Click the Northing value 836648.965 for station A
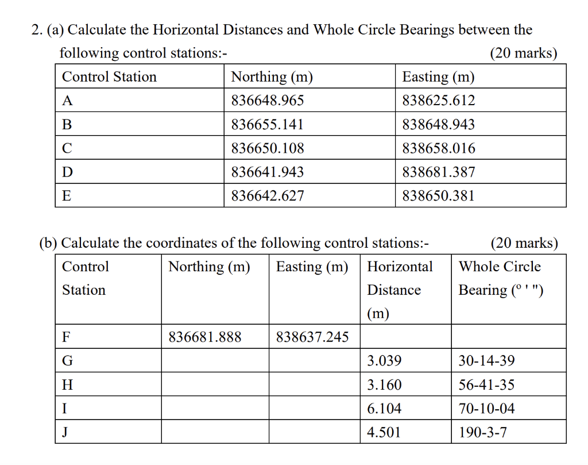coord(268,101)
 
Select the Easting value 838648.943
coord(439,125)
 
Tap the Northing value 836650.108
coord(268,148)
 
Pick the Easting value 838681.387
coord(439,172)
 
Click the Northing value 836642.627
coord(268,196)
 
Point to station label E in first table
coord(67,196)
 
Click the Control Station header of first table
coord(109,77)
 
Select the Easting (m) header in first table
coord(438,77)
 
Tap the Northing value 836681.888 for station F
coord(205,337)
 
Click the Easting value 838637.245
coord(312,337)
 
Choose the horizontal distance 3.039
coord(384,362)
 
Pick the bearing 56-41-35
coord(486,385)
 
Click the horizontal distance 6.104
coord(384,409)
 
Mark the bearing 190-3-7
coord(483,432)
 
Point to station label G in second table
coord(67,362)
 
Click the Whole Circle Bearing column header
coord(500,278)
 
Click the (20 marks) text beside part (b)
coord(524,243)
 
